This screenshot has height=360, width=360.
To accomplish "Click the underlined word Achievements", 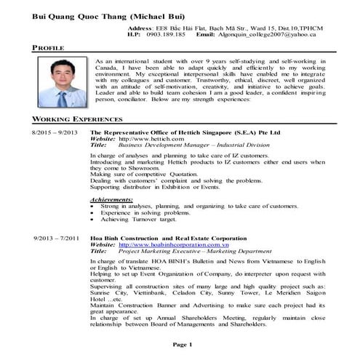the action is (111, 199).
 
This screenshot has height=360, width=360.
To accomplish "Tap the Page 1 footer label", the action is (181, 343).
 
